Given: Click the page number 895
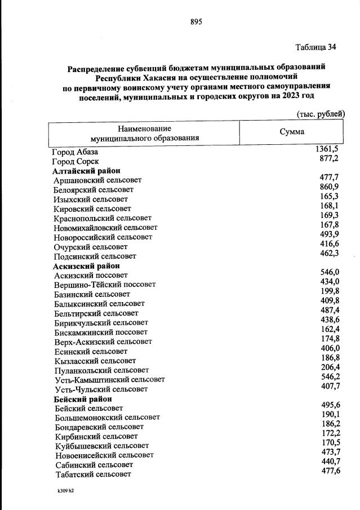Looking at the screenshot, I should coord(196,22).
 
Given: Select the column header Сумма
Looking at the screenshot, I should coord(292,132).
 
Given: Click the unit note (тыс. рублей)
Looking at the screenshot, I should coord(320,114).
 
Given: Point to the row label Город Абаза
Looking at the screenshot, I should coord(75,152).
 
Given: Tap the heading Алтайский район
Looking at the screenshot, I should coord(87,171).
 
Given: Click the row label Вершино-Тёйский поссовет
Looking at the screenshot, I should coord(105,285).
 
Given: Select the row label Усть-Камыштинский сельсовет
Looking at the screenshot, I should coord(110,380).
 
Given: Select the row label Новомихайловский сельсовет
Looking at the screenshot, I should coord(105,228).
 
